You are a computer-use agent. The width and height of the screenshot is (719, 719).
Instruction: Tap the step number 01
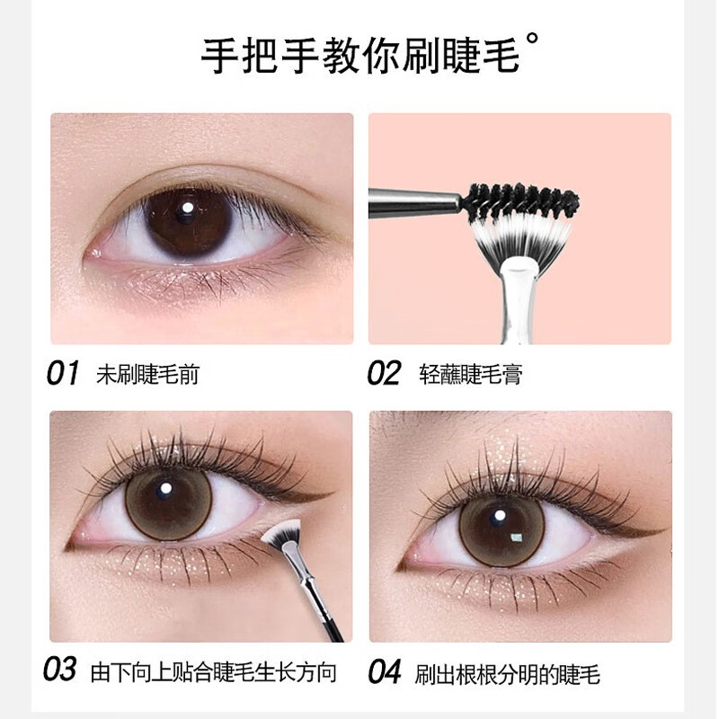click(63, 373)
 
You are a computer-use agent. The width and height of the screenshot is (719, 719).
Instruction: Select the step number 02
click(384, 373)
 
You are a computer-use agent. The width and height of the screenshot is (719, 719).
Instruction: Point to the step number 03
click(60, 670)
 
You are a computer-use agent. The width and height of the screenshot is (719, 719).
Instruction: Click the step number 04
click(384, 671)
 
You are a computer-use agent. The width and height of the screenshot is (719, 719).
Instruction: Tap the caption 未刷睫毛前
click(147, 374)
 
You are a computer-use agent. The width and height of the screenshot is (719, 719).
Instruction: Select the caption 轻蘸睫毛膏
click(470, 374)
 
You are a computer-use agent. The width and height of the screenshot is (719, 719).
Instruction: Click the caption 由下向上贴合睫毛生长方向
click(214, 671)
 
